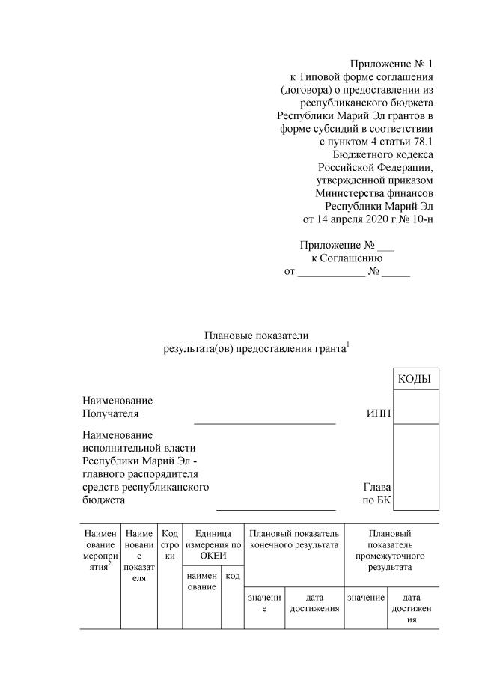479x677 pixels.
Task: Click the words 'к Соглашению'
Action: pyautogui.click(x=347, y=258)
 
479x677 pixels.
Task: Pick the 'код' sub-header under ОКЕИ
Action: pyautogui.click(x=232, y=576)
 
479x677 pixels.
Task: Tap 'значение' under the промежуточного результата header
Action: pyautogui.click(x=365, y=597)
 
